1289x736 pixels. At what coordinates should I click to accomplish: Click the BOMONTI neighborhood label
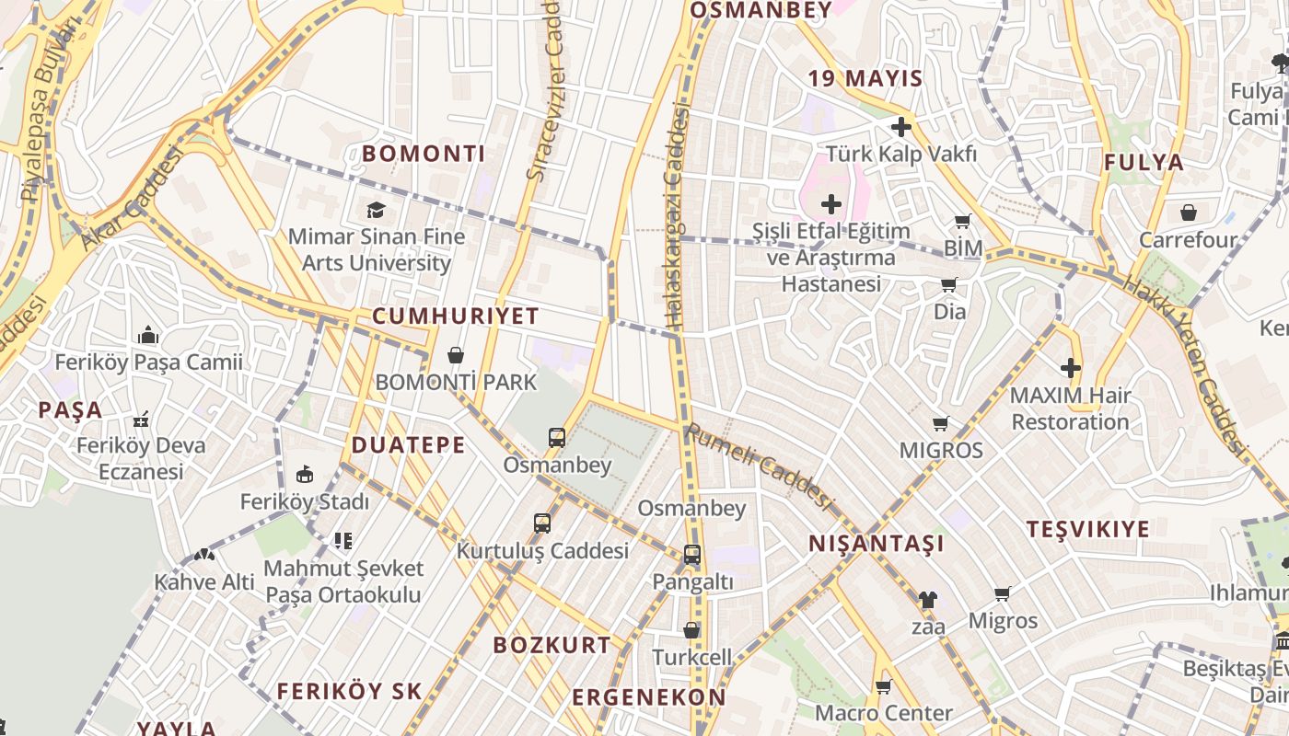[424, 154]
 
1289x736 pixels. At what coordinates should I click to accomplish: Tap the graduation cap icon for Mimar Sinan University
[376, 211]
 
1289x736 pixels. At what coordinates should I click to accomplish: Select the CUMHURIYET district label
[455, 316]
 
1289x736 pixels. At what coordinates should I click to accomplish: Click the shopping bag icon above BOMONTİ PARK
[455, 355]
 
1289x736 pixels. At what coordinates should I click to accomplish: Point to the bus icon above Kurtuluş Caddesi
[542, 523]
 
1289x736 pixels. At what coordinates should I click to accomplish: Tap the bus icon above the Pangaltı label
[691, 555]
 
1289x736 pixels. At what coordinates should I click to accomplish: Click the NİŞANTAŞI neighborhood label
[876, 544]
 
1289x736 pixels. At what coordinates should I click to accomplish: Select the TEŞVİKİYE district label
[1087, 529]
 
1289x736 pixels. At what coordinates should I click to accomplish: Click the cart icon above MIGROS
[940, 423]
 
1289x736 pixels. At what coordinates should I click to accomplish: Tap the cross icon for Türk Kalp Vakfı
[900, 127]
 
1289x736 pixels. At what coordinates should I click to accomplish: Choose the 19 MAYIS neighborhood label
[865, 79]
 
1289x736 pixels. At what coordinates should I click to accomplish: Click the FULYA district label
[1144, 163]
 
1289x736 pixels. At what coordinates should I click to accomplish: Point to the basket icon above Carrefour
[1189, 213]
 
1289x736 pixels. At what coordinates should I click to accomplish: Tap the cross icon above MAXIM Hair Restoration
[1070, 369]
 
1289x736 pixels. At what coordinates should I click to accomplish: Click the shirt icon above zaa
[927, 600]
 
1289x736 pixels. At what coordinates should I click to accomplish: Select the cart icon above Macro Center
[883, 686]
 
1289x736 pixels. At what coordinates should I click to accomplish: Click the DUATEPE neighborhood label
[408, 445]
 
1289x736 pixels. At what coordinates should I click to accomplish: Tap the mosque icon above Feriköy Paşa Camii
[148, 335]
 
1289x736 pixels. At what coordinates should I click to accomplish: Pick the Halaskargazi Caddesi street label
[676, 217]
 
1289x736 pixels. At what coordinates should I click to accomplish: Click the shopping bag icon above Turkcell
[691, 630]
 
